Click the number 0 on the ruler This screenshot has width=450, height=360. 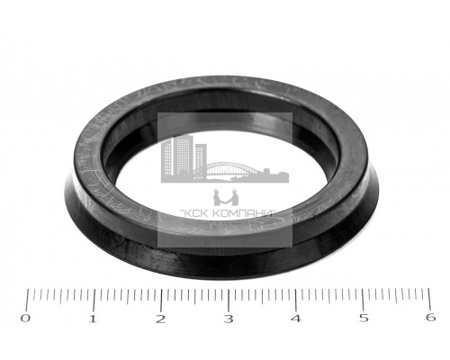[25, 318]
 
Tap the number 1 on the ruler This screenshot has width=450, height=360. [93, 319]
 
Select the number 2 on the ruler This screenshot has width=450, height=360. [160, 319]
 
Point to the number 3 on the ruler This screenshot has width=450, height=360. [229, 319]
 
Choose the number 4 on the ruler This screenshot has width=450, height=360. [296, 319]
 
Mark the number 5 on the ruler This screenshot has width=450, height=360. [364, 318]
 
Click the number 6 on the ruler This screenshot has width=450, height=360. [431, 318]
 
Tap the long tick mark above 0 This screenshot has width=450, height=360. [27, 300]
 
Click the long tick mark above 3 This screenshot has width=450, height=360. [229, 301]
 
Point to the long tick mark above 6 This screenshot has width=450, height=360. [429, 299]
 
